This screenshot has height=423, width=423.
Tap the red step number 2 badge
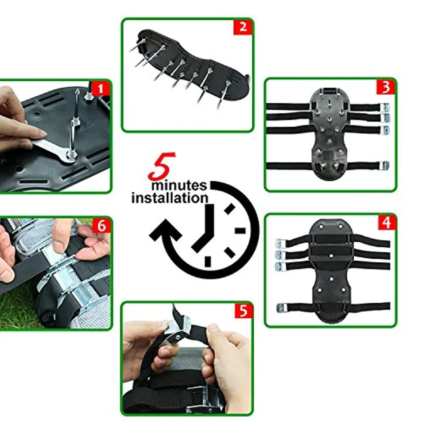pos(243,27)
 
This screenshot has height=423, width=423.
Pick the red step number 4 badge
pos(387,222)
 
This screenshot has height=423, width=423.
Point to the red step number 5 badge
pos(243,310)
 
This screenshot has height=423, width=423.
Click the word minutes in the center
pos(179,186)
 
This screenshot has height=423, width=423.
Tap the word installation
pos(170,198)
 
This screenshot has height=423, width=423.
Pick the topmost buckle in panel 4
pos(281,243)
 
